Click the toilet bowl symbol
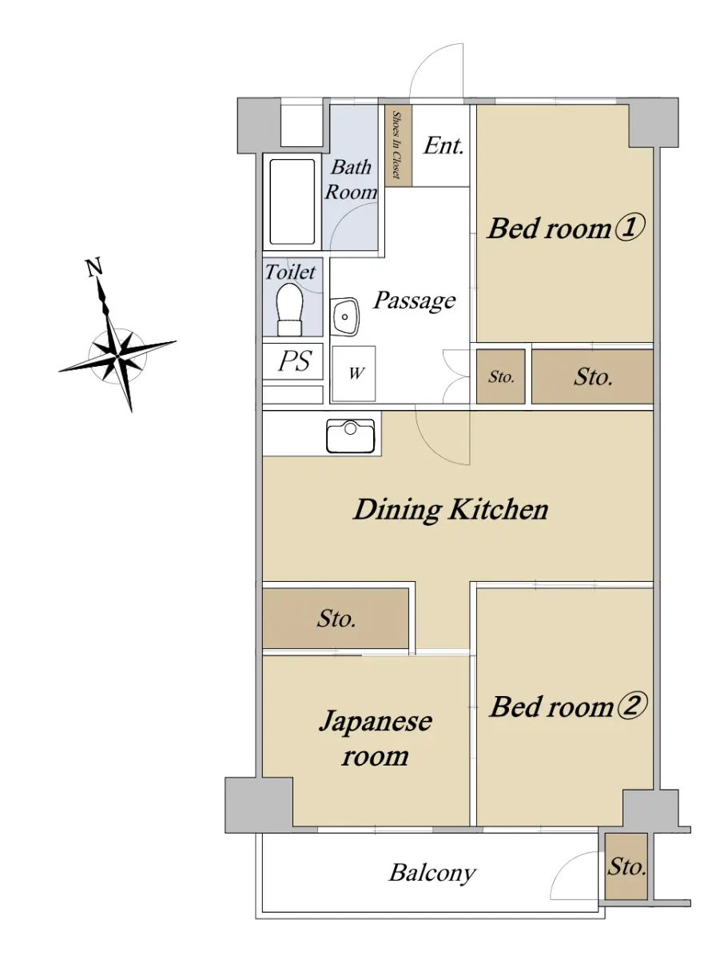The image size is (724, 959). pos(290,309)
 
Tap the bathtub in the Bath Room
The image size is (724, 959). pos(292,202)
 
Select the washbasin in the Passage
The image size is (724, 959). pos(345,316)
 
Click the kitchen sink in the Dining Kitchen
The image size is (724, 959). pos(350,436)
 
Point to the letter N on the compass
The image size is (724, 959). pos(93,267)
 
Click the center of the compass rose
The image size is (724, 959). pos(117,357)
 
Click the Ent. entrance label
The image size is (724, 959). pos(444,145)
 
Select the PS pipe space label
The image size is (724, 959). pos(295,361)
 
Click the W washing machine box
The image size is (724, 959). pos(354,373)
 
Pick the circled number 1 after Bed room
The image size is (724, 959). pos(630,228)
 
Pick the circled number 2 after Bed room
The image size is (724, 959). pos(631,706)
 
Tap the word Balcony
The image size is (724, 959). pos(432,873)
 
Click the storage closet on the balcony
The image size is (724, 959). pos(626,867)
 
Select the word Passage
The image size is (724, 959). pos(414,300)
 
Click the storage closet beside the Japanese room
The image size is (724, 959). pos(336,619)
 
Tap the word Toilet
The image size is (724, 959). pos(290,273)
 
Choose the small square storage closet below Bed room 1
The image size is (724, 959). pos(500,376)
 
